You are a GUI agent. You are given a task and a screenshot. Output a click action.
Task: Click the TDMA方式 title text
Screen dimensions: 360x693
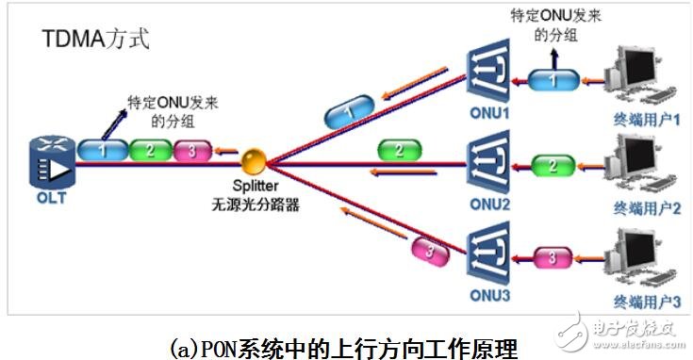(95, 40)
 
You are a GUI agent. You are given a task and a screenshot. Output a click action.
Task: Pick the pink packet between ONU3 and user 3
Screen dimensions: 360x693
(553, 257)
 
